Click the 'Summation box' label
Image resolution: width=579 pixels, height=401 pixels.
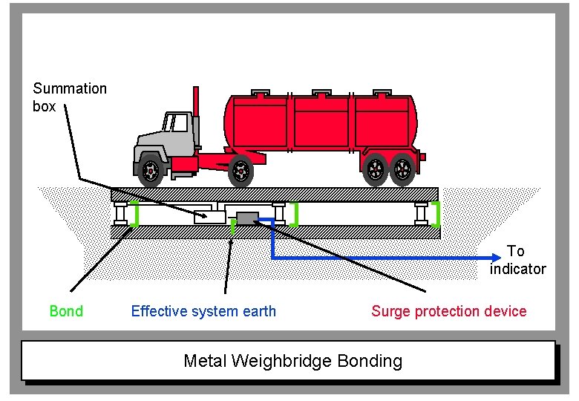point(70,97)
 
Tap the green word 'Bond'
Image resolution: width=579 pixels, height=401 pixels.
point(66,311)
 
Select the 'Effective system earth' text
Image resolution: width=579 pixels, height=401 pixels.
point(203,311)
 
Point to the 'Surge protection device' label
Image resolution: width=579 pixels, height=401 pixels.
point(448,311)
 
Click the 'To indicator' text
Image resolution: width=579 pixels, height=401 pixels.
point(517,260)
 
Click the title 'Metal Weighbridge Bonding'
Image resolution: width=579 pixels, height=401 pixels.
point(292,362)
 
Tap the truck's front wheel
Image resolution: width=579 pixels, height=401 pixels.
point(151,172)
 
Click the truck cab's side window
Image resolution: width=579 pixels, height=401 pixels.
point(177,123)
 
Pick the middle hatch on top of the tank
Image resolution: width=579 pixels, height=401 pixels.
point(321,94)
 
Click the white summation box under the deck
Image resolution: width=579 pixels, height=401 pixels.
point(210,217)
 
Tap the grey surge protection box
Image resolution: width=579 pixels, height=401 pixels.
point(246,218)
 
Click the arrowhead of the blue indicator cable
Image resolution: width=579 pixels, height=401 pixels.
point(496,258)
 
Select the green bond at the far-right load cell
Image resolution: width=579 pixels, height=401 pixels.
point(436,214)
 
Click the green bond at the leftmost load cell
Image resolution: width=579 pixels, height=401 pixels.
point(135,214)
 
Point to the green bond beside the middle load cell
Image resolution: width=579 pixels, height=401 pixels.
point(295,214)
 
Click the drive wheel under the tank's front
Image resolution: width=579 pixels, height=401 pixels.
point(241,172)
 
